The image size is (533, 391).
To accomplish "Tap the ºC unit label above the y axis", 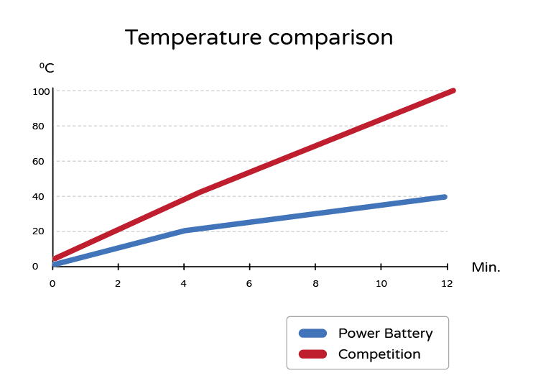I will pyautogui.click(x=47, y=68).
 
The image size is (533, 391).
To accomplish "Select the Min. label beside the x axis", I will pyautogui.click(x=486, y=267).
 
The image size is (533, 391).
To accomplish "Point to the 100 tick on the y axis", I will pyautogui.click(x=41, y=91).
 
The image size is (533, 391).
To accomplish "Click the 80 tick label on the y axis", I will pyautogui.click(x=39, y=126).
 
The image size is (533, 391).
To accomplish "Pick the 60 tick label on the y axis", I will pyautogui.click(x=39, y=161).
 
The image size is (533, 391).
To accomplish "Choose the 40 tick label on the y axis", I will pyautogui.click(x=39, y=196).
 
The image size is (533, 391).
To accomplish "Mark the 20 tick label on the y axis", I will pyautogui.click(x=39, y=231).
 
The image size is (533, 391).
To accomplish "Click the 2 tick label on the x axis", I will pyautogui.click(x=118, y=283).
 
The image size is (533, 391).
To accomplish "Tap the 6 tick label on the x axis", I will pyautogui.click(x=249, y=283).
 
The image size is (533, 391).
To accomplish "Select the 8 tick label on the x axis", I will pyautogui.click(x=315, y=283).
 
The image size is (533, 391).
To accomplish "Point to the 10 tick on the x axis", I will pyautogui.click(x=381, y=283).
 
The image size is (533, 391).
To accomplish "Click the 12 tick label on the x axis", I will pyautogui.click(x=447, y=283).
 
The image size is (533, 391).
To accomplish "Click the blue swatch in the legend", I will pyautogui.click(x=312, y=333).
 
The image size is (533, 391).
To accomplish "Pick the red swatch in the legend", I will pyautogui.click(x=312, y=354).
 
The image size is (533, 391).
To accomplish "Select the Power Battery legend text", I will pyautogui.click(x=386, y=333).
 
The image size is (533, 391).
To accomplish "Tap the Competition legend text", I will pyautogui.click(x=379, y=354).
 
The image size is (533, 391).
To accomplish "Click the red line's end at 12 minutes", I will pyautogui.click(x=453, y=91).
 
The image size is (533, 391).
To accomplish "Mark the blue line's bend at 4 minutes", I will pyautogui.click(x=185, y=231).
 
